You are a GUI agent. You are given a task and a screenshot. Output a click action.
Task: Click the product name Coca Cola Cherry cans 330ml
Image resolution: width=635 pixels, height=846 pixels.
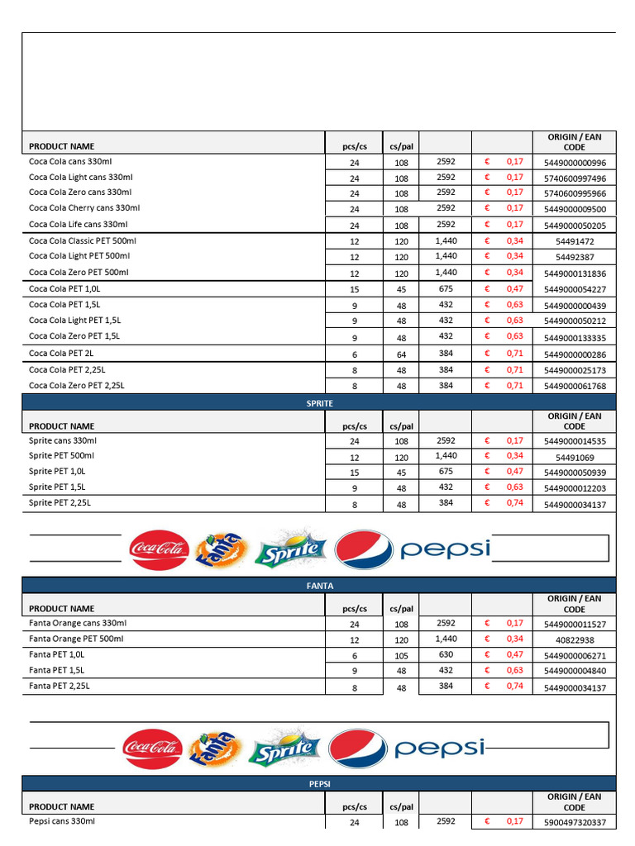[x=84, y=208]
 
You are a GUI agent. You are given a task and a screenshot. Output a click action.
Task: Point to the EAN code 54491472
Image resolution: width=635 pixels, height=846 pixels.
[x=575, y=242]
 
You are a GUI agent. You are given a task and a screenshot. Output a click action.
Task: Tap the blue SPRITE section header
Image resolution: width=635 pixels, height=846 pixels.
[x=319, y=402]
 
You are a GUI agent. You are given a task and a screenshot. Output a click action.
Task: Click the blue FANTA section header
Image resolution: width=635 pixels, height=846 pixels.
[x=319, y=586]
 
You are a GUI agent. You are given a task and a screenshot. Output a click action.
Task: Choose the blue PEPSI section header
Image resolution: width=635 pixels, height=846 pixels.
[x=319, y=783]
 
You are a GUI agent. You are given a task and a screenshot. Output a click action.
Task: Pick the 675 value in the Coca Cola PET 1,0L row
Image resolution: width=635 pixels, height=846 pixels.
[x=446, y=288]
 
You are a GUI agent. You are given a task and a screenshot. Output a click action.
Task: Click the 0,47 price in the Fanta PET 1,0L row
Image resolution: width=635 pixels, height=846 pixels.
[x=514, y=654]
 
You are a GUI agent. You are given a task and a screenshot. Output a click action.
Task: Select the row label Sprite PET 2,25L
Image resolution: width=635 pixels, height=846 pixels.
[x=60, y=502]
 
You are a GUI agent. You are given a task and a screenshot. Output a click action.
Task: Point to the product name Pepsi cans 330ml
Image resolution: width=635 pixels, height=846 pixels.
[x=62, y=821]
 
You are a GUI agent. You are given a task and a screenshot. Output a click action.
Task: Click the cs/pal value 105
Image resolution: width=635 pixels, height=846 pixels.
[x=401, y=656]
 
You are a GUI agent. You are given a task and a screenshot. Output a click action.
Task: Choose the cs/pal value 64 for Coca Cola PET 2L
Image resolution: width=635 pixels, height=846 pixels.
[x=401, y=354]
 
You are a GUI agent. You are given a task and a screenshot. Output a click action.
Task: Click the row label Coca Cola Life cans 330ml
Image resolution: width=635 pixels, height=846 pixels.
[x=78, y=224]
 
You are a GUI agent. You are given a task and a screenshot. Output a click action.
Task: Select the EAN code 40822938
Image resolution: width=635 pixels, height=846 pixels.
[x=575, y=640]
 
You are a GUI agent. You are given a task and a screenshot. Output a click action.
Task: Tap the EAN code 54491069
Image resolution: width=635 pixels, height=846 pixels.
[x=575, y=457]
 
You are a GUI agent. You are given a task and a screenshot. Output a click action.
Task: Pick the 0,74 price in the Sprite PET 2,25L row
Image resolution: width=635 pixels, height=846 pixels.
[x=514, y=502]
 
